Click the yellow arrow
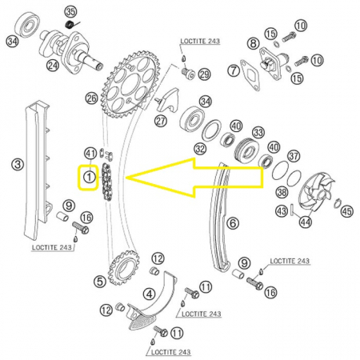194,178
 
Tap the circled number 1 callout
90,177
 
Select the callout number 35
70,12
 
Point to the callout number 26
92,98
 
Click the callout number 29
204,74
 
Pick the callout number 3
18,164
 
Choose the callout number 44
306,222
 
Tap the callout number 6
233,222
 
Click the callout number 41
90,154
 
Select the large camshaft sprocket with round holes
130,85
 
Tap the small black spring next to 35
70,25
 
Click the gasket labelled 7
250,75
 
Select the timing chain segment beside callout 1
106,183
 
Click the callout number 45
346,211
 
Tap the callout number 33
258,133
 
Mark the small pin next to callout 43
291,210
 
